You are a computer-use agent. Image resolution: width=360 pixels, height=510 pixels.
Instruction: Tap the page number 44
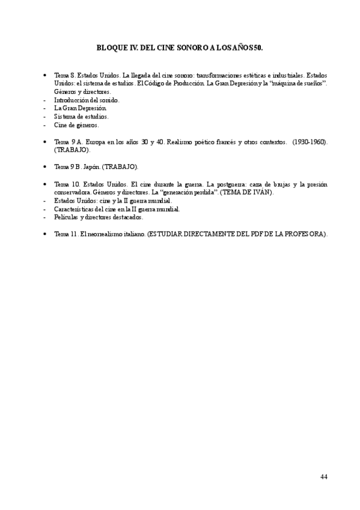point(323,476)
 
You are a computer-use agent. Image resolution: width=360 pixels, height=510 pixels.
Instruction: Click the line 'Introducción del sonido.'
point(87,100)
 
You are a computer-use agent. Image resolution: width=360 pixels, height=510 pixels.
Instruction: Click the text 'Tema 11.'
point(65,233)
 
